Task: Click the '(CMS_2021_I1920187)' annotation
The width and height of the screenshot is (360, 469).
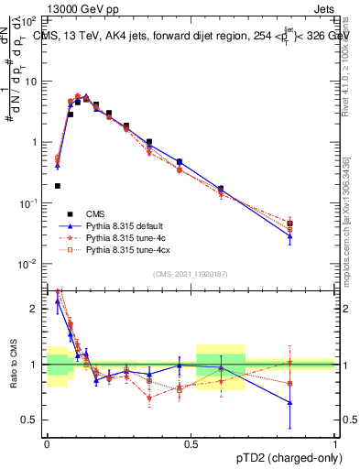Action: tap(191, 274)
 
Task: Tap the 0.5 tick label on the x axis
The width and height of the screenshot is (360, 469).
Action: tap(191, 443)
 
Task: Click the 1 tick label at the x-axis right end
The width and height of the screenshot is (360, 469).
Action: tap(335, 443)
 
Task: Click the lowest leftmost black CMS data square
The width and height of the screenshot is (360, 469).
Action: tap(58, 186)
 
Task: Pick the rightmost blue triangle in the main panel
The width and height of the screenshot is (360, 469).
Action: tap(290, 236)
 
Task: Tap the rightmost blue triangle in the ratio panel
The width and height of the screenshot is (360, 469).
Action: tap(290, 402)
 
